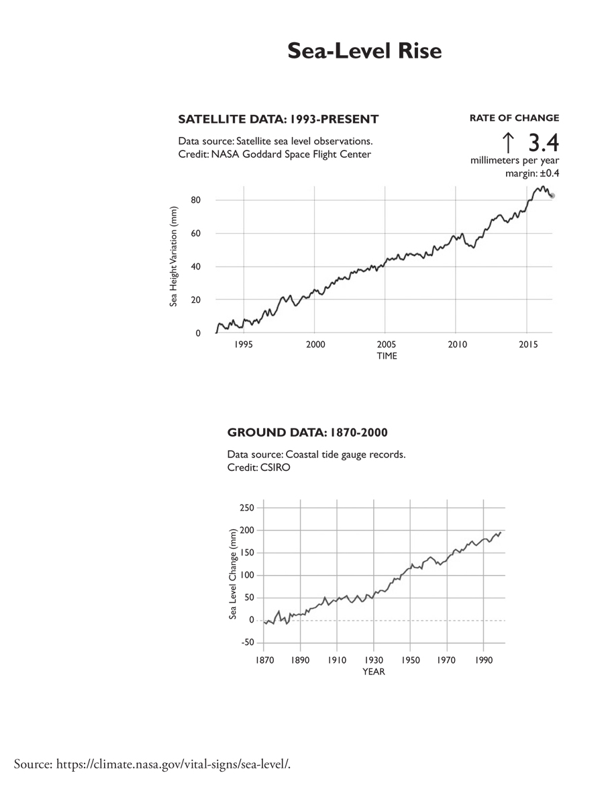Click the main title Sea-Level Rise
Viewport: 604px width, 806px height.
pyautogui.click(x=364, y=50)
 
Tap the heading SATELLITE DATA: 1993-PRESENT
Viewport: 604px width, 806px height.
pyautogui.click(x=279, y=120)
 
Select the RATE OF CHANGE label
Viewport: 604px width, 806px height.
pyautogui.click(x=514, y=118)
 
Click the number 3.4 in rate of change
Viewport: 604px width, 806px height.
pyautogui.click(x=544, y=142)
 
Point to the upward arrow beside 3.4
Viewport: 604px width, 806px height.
pyautogui.click(x=508, y=142)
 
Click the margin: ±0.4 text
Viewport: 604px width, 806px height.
pyautogui.click(x=532, y=173)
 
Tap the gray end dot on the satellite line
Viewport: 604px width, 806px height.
pyautogui.click(x=552, y=195)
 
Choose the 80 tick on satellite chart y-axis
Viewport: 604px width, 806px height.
pyautogui.click(x=195, y=200)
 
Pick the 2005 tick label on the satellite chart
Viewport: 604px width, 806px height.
pyautogui.click(x=386, y=345)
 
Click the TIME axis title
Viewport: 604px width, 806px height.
pyautogui.click(x=387, y=356)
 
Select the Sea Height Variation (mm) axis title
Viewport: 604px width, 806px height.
pyautogui.click(x=173, y=257)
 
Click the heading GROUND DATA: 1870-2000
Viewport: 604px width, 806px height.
pyautogui.click(x=307, y=432)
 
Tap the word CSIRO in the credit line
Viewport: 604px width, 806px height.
pyautogui.click(x=275, y=467)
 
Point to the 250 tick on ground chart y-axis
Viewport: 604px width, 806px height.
pyautogui.click(x=247, y=508)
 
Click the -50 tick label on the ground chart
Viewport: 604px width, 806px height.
pyautogui.click(x=248, y=642)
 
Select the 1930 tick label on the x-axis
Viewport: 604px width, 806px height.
pyautogui.click(x=373, y=660)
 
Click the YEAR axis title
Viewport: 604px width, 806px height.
pyautogui.click(x=374, y=672)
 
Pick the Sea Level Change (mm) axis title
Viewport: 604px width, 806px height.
pyautogui.click(x=232, y=574)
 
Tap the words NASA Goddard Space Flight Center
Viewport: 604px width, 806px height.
pyautogui.click(x=291, y=154)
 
